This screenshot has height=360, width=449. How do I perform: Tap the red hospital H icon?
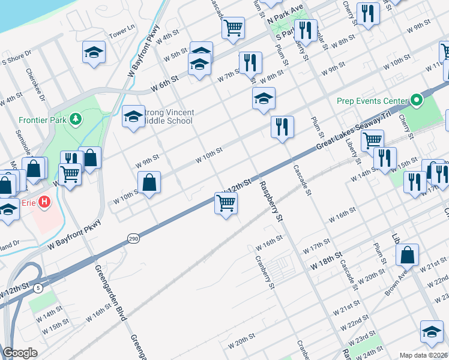(44, 203)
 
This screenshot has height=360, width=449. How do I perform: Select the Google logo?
(20, 353)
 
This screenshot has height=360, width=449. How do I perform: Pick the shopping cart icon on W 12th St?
(226, 203)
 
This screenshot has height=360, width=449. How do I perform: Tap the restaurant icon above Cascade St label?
(282, 127)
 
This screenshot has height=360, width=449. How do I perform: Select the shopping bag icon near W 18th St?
(407, 254)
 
